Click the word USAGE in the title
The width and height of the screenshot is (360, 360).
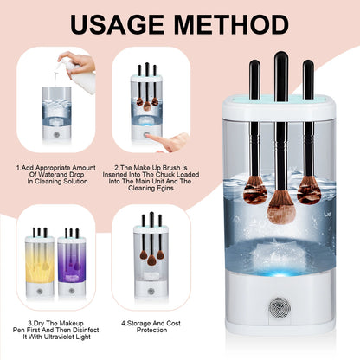(x=115, y=23)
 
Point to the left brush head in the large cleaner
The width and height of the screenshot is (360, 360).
(x=254, y=190)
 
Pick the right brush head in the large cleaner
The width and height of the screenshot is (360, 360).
(x=309, y=188)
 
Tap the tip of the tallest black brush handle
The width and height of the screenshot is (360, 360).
(x=280, y=57)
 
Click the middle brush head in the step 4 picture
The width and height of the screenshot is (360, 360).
(x=151, y=259)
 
